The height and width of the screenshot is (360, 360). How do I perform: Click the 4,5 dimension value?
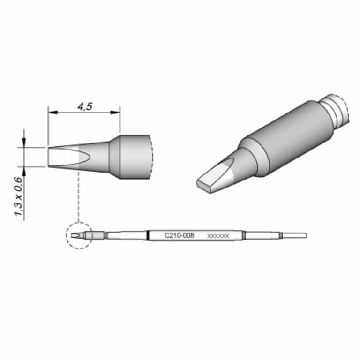click(85, 106)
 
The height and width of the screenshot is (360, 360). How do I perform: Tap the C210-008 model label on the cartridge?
click(180, 235)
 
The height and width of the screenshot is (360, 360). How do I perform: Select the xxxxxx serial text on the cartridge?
click(218, 236)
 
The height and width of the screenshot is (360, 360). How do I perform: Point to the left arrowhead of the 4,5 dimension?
click(53, 112)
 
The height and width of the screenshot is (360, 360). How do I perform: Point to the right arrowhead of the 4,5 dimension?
click(115, 112)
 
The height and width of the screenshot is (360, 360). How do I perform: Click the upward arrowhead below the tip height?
click(24, 171)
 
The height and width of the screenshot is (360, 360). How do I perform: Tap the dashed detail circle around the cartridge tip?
click(67, 235)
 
